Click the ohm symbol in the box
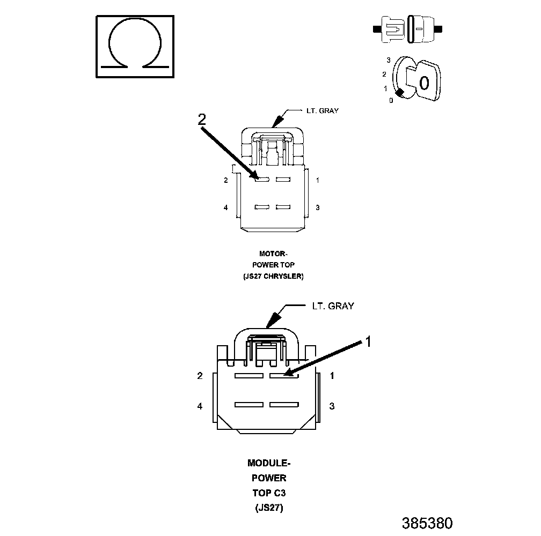point(135,47)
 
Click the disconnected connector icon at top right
point(411,29)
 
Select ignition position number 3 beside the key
point(388,61)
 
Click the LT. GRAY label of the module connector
point(333,306)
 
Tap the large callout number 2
point(201,120)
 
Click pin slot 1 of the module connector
point(283,376)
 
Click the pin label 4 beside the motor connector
point(226,207)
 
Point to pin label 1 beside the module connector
point(332,376)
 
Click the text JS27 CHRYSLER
point(274,277)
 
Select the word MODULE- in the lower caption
point(269,463)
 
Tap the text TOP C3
point(269,493)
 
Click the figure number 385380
point(427,523)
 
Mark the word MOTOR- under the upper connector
point(274,254)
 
